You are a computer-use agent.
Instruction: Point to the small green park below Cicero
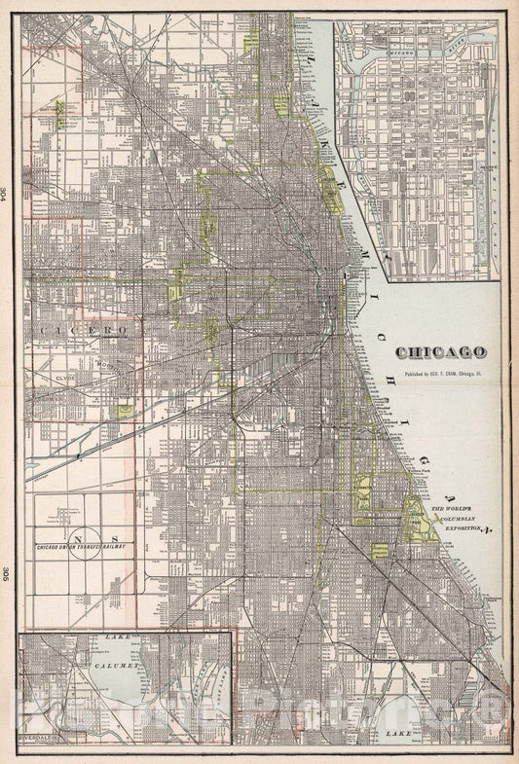pos(125,411)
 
